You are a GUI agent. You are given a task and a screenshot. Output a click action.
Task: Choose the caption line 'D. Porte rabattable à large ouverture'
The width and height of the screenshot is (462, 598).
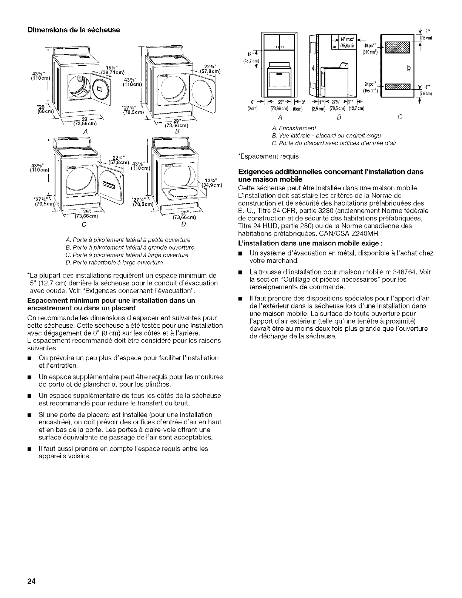click(109, 262)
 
